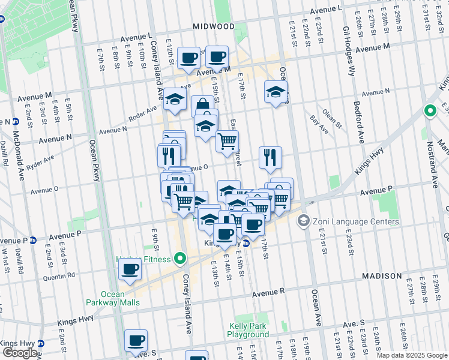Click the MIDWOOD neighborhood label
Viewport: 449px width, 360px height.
point(214,26)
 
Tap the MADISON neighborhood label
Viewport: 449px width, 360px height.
point(382,276)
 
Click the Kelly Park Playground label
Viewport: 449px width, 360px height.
point(249,330)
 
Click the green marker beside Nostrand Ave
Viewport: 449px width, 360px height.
point(430,111)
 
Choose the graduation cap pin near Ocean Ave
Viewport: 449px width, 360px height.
point(276,92)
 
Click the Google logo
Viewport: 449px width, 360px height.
point(20,353)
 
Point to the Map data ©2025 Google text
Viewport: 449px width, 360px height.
point(411,355)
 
